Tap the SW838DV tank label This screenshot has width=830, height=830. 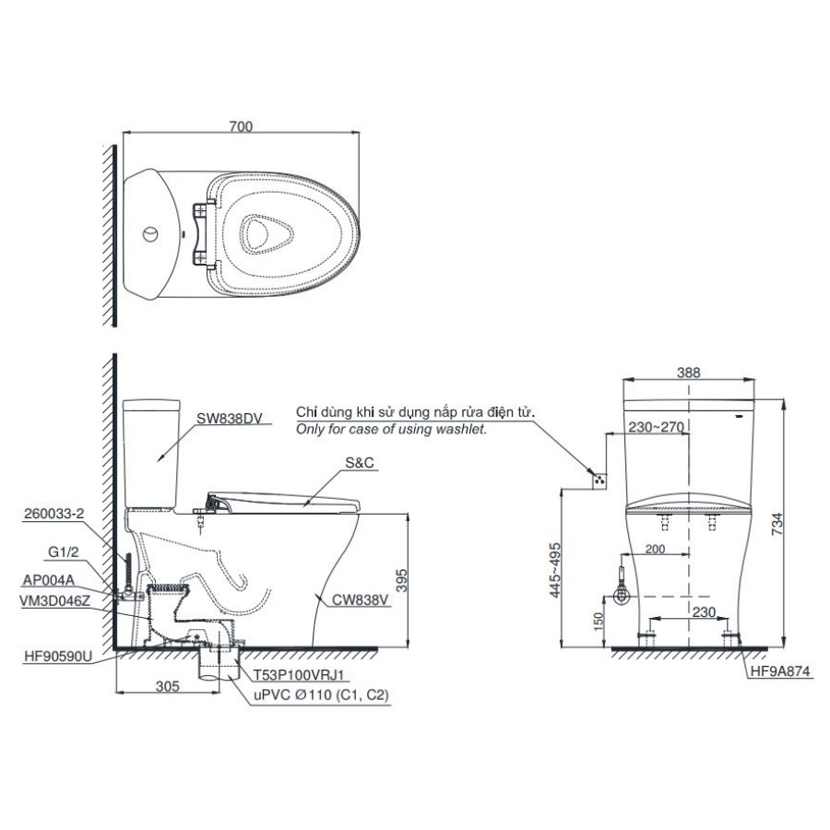[x=230, y=418]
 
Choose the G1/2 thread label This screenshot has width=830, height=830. [x=64, y=554]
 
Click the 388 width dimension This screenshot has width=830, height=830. [x=689, y=373]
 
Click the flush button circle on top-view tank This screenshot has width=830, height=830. [x=149, y=231]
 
